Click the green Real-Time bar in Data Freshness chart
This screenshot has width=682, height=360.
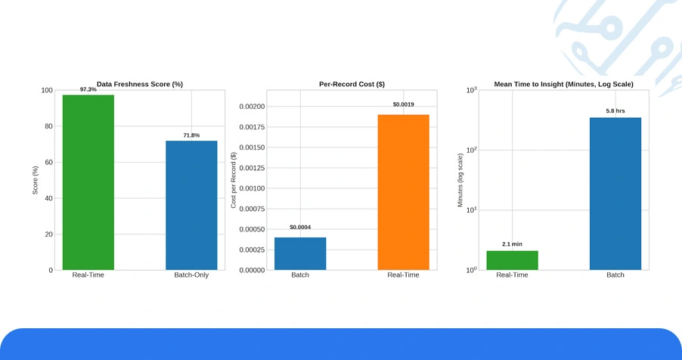pyautogui.click(x=88, y=182)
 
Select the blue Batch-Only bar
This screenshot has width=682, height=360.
pyautogui.click(x=191, y=206)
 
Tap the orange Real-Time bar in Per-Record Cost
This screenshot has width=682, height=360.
pyautogui.click(x=403, y=192)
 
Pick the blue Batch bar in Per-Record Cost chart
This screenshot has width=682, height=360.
pyautogui.click(x=300, y=254)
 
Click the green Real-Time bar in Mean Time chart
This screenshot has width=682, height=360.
pyautogui.click(x=512, y=260)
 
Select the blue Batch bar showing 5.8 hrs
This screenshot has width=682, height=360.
pyautogui.click(x=615, y=194)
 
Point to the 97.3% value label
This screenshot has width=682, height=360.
pyautogui.click(x=88, y=89)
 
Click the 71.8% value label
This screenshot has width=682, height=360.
pyautogui.click(x=191, y=135)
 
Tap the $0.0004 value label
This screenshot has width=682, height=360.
pyautogui.click(x=300, y=227)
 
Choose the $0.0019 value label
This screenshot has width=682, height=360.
pyautogui.click(x=403, y=104)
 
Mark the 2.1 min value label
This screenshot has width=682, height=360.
pyautogui.click(x=512, y=244)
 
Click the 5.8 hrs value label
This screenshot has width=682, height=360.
pyautogui.click(x=615, y=111)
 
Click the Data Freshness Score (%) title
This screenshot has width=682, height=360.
pyautogui.click(x=140, y=84)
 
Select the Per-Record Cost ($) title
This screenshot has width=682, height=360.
pyautogui.click(x=352, y=84)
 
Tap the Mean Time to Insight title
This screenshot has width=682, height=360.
pyautogui.click(x=563, y=84)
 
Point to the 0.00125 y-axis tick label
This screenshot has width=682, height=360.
pyautogui.click(x=252, y=168)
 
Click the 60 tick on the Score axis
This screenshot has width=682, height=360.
pyautogui.click(x=48, y=163)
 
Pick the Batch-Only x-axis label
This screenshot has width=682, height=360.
pyautogui.click(x=191, y=275)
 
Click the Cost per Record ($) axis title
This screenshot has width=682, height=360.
pyautogui.click(x=234, y=180)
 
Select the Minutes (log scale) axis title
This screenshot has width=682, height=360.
pyautogui.click(x=460, y=180)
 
